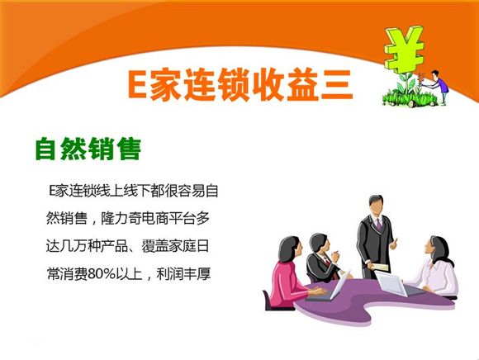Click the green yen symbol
pos(404,49)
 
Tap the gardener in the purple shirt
pos(440,87)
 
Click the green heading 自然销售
pos(88,149)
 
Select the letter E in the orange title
pos(137,84)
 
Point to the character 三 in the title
pos(337,85)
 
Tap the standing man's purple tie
pos(379,225)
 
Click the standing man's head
pos(376,205)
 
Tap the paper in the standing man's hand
pos(379,267)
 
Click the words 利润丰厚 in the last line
pos(183,274)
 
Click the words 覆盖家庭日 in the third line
pos(175,246)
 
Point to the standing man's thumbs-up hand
pos(394,244)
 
